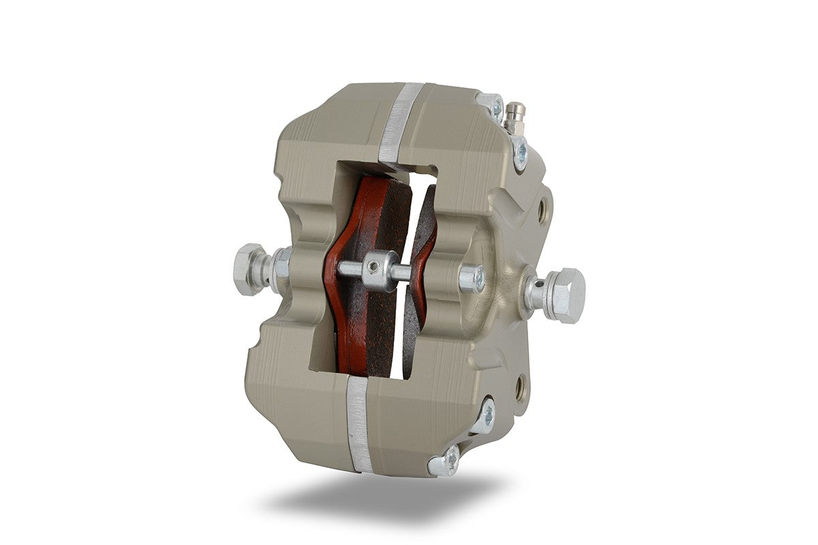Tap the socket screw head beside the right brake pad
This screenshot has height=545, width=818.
pos(472,278)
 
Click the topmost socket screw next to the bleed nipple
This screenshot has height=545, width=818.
pos(493,108)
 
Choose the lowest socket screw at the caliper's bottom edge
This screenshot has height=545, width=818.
pos(443,465)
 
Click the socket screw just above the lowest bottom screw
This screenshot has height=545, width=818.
pos(485,415)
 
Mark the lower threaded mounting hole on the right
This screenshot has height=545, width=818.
pos(520,387)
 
